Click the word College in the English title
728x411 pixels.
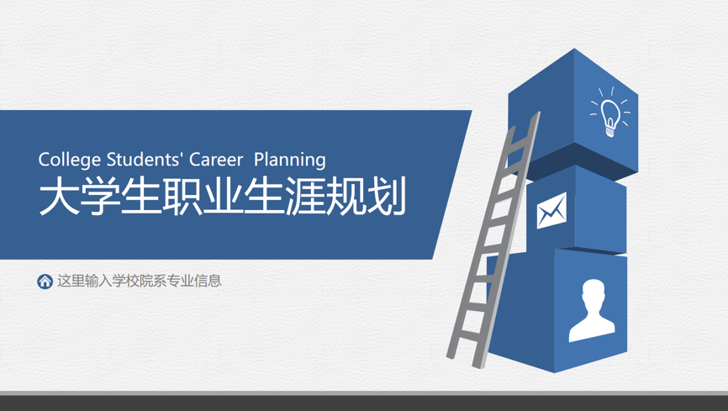tap(70, 161)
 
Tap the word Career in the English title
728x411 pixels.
tap(216, 160)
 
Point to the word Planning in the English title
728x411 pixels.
tap(290, 161)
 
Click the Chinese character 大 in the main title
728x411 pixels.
tap(59, 197)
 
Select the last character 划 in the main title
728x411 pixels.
tap(387, 197)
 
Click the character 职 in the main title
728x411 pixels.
tap(182, 197)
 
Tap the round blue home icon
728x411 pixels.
tap(45, 281)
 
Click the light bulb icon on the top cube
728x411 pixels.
tap(610, 113)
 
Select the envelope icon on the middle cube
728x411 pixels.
tap(551, 210)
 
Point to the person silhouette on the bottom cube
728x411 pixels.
tap(592, 310)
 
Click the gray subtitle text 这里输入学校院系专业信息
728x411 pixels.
tap(140, 281)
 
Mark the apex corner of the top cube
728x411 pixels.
tap(574, 48)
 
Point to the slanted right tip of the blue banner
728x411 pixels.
tap(472, 111)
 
